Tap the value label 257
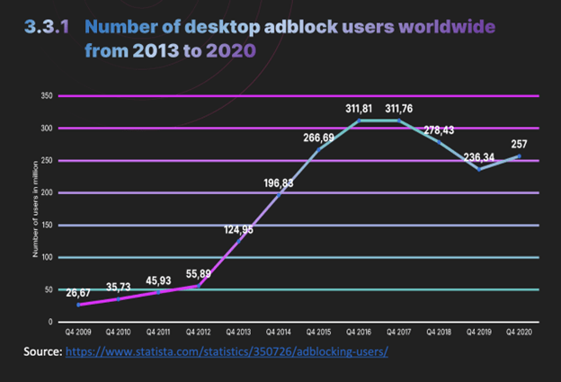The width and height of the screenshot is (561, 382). click(519, 144)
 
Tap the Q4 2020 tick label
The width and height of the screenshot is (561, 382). click(519, 331)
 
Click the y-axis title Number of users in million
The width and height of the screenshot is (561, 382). click(36, 209)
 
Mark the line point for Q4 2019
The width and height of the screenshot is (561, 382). click(479, 168)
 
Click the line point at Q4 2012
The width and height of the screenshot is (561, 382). click(200, 285)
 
